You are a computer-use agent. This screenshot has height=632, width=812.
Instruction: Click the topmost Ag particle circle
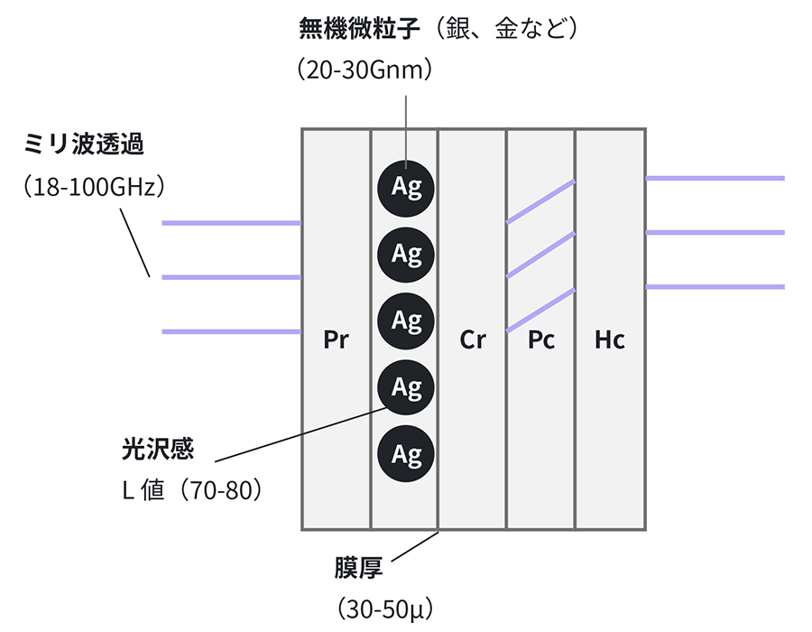click(x=406, y=188)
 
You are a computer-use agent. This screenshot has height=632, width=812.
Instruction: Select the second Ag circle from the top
click(x=406, y=254)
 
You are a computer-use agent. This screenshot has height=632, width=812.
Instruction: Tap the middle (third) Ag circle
click(x=406, y=320)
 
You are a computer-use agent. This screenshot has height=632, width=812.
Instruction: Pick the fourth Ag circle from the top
click(x=406, y=387)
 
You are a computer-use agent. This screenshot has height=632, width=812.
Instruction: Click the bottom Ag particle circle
click(x=406, y=453)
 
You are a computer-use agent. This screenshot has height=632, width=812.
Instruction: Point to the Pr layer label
click(x=336, y=340)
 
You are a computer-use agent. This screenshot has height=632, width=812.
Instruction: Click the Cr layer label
click(x=473, y=340)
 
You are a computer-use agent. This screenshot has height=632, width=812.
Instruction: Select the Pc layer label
click(x=541, y=340)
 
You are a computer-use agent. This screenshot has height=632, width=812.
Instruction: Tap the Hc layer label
click(x=610, y=340)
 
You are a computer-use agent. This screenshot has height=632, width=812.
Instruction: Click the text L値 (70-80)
click(x=193, y=491)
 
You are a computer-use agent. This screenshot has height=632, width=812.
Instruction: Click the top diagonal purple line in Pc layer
click(x=540, y=200)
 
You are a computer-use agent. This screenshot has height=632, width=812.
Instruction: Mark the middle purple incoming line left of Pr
click(x=231, y=277)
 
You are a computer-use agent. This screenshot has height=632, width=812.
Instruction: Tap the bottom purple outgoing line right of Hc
click(x=715, y=287)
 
